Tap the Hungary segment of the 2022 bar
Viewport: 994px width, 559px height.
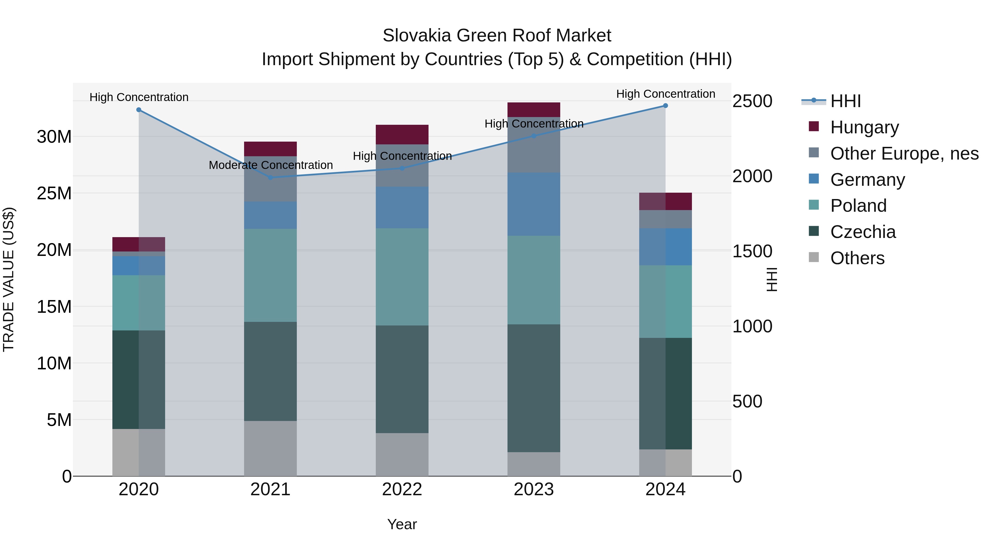(x=402, y=135)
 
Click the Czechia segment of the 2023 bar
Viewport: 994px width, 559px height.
(x=534, y=388)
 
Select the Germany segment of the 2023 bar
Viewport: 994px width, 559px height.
(x=534, y=204)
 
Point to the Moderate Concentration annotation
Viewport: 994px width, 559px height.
(x=271, y=165)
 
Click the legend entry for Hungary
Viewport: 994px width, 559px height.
(x=864, y=127)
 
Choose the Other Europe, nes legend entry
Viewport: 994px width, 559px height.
(x=904, y=153)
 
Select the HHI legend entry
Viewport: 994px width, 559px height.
(x=845, y=101)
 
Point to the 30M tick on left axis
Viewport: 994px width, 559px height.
(x=54, y=137)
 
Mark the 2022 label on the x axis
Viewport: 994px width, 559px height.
(x=402, y=489)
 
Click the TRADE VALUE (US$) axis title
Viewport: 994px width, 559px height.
(x=9, y=279)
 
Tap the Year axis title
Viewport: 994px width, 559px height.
(x=402, y=524)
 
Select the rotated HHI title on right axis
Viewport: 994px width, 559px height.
(x=772, y=279)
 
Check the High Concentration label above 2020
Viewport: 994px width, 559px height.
(x=139, y=97)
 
